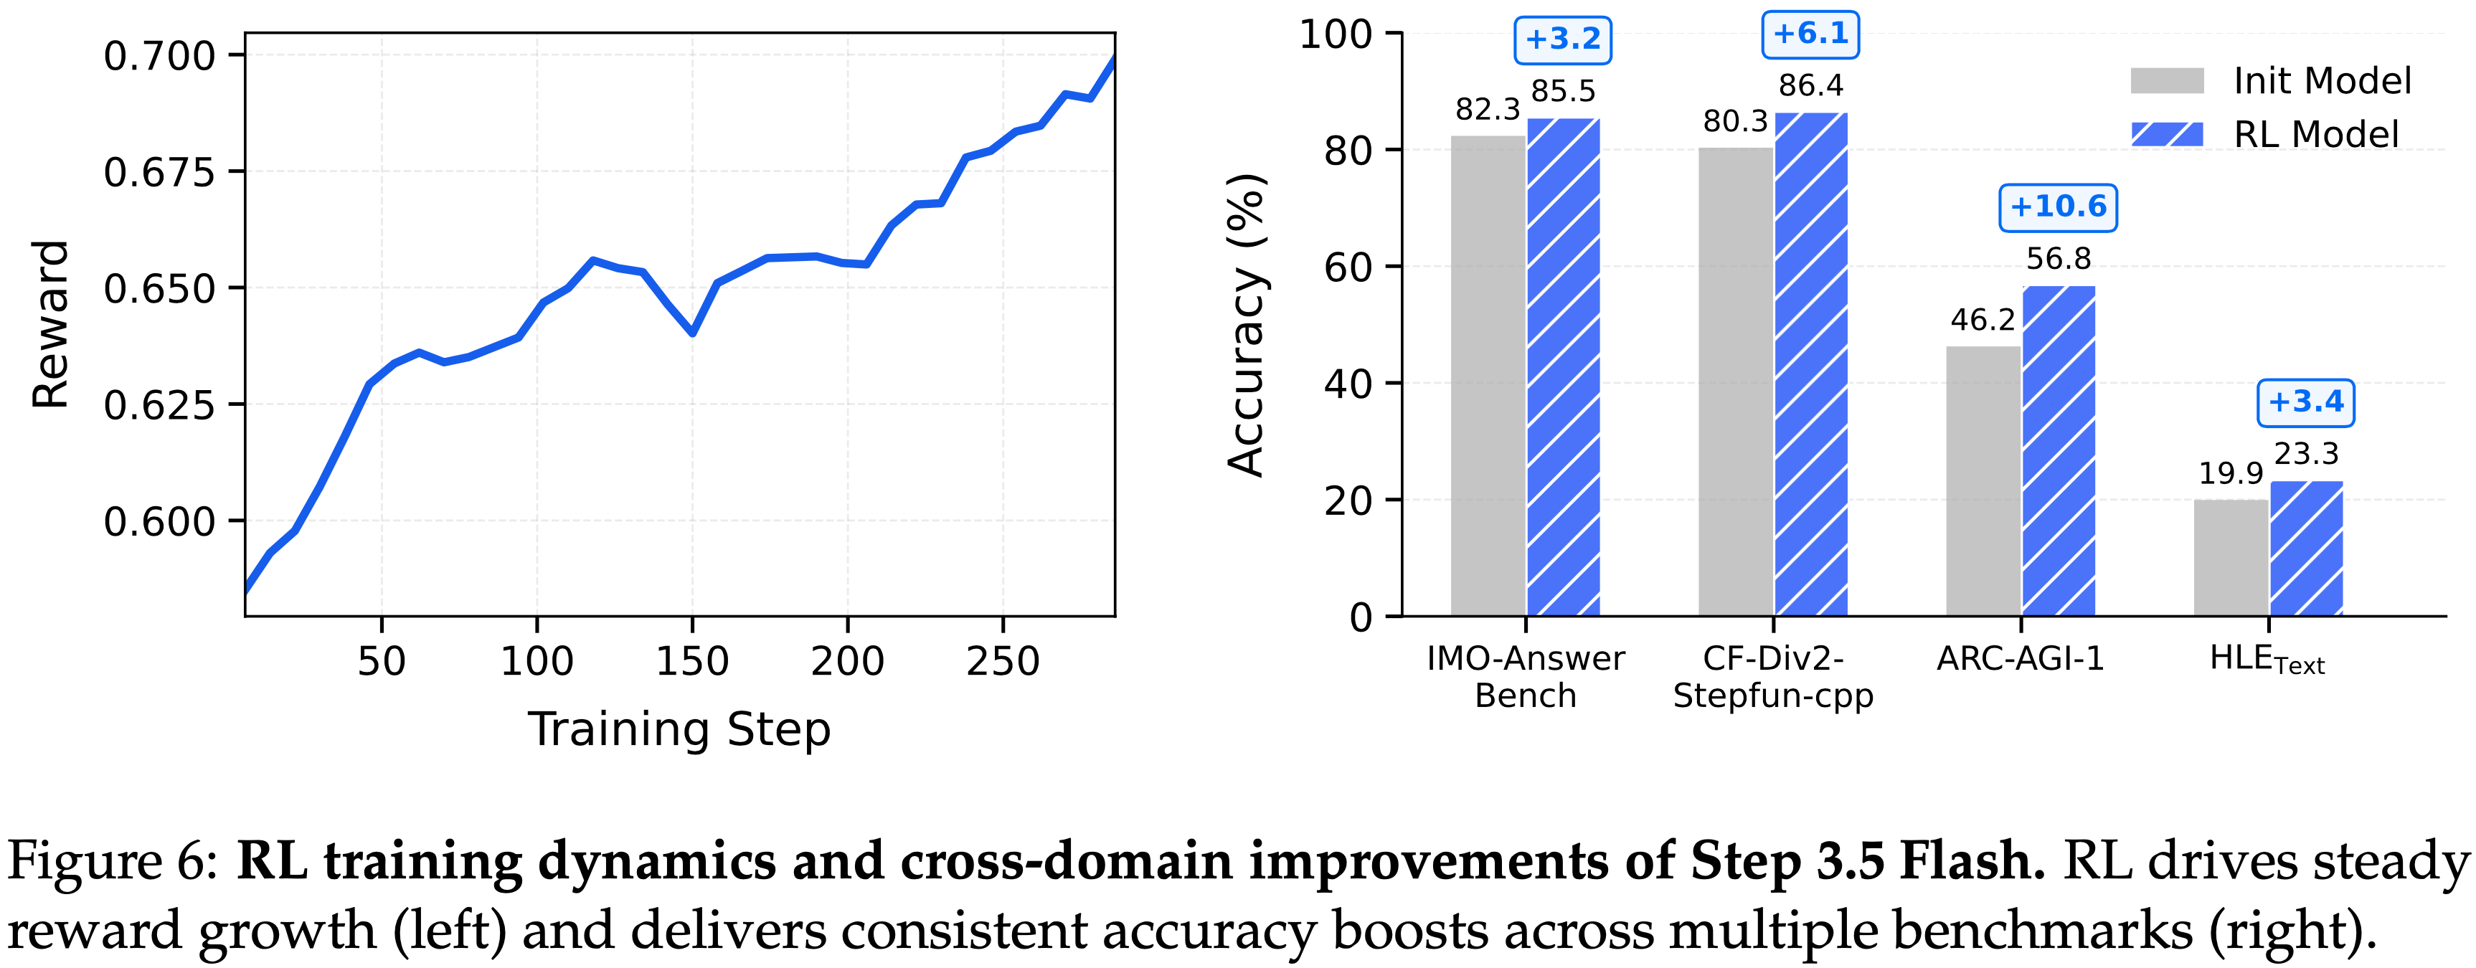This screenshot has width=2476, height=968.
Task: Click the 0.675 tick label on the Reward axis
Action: click(159, 173)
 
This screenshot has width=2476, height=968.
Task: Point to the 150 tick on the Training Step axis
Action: click(692, 661)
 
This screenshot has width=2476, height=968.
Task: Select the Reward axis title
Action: click(50, 325)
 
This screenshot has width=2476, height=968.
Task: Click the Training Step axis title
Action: click(679, 730)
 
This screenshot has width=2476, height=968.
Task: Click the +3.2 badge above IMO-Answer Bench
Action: click(1563, 39)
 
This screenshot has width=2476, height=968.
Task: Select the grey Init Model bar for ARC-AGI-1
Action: click(1983, 480)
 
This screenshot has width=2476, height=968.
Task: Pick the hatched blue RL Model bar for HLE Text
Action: click(2306, 548)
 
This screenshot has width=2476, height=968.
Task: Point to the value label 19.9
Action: click(2231, 474)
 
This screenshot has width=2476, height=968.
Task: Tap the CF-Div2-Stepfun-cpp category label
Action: click(1773, 677)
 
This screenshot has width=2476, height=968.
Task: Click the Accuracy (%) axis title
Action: click(1247, 325)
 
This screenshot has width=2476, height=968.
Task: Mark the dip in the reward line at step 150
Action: click(692, 333)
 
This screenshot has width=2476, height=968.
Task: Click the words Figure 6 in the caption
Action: click(113, 860)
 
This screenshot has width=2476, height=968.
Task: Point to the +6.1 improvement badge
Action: click(1810, 34)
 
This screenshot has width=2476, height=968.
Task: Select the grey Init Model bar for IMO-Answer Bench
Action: click(1487, 375)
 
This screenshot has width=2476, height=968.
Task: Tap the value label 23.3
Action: click(2306, 454)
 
